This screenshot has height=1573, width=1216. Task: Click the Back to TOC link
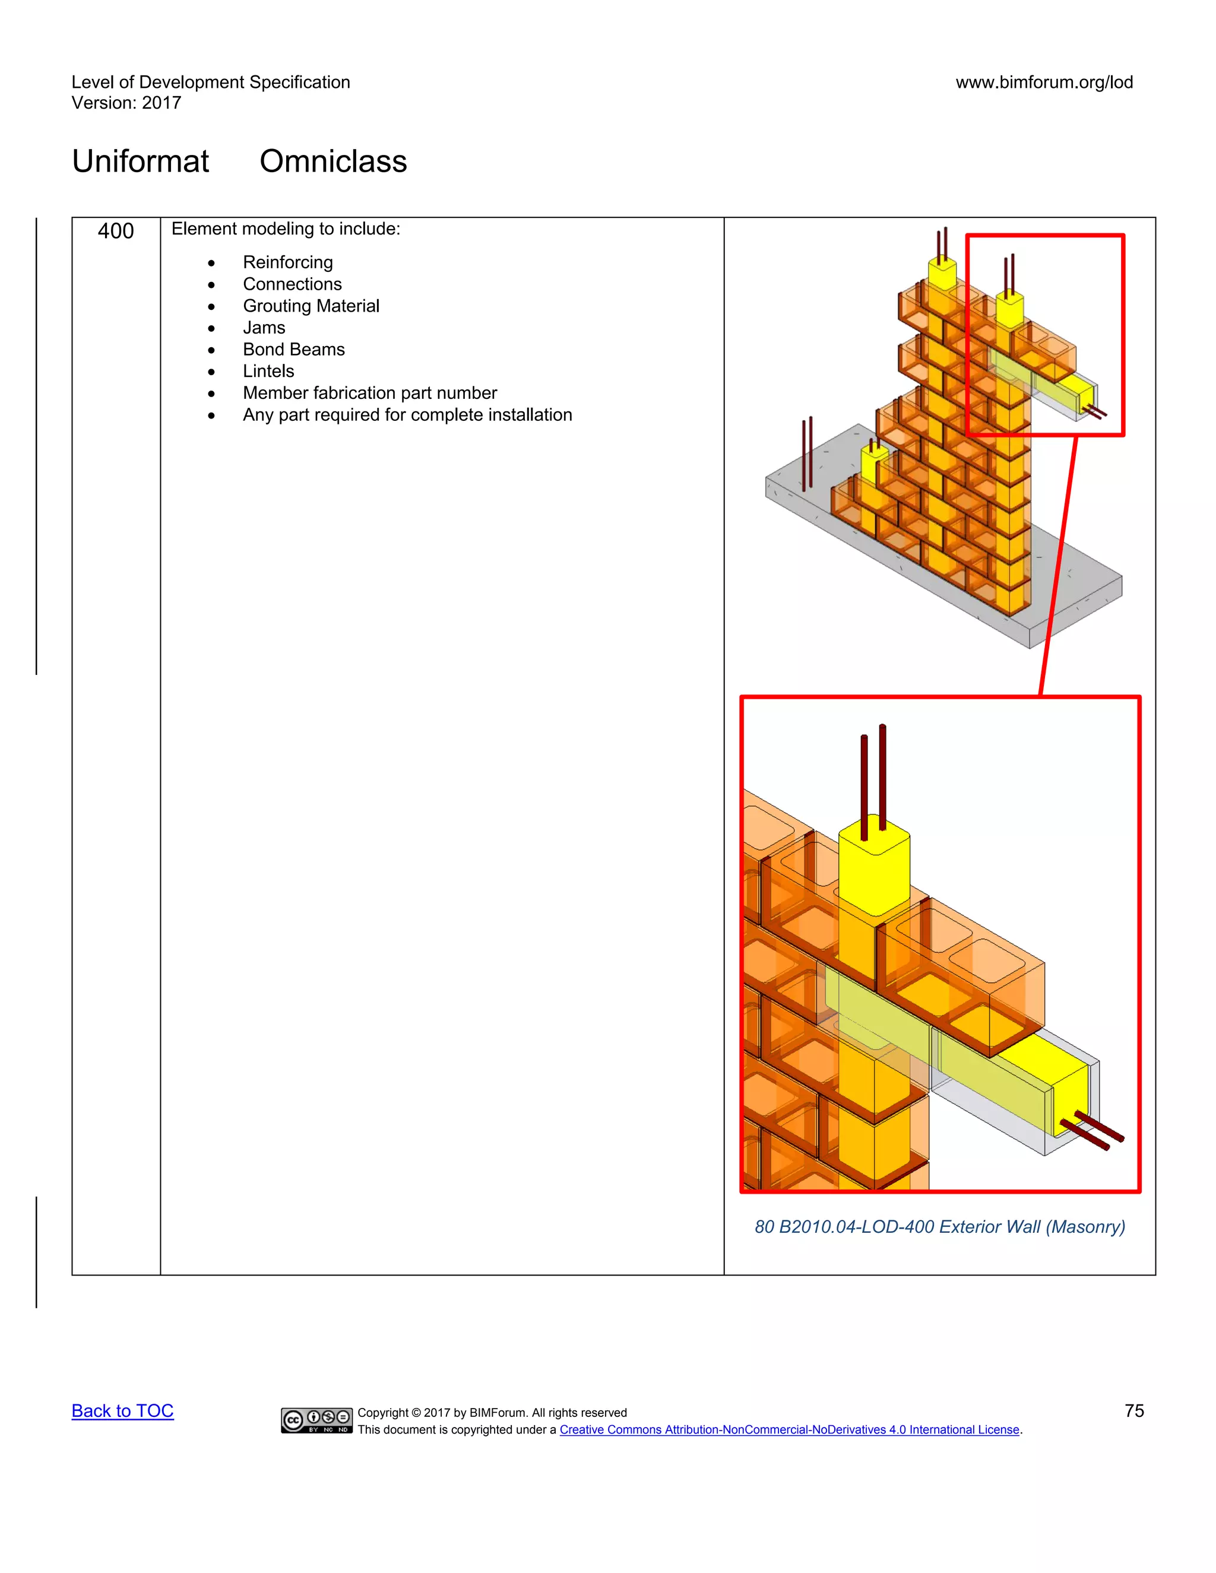coord(122,1411)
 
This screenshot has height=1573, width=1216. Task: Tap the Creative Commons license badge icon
coord(316,1420)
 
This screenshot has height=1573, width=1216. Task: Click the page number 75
coord(1134,1411)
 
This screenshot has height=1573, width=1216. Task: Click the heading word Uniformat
coord(141,161)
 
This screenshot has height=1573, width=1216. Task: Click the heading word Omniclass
coord(333,161)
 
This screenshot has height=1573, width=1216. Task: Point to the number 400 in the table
coord(115,231)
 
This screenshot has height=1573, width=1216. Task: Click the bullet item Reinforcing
coord(287,262)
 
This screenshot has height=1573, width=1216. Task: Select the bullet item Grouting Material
coord(311,306)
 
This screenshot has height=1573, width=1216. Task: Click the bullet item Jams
coord(264,328)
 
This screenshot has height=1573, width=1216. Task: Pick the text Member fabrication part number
coord(369,393)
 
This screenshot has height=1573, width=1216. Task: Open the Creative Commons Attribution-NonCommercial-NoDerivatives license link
coord(789,1430)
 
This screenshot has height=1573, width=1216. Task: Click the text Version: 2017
coord(126,103)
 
